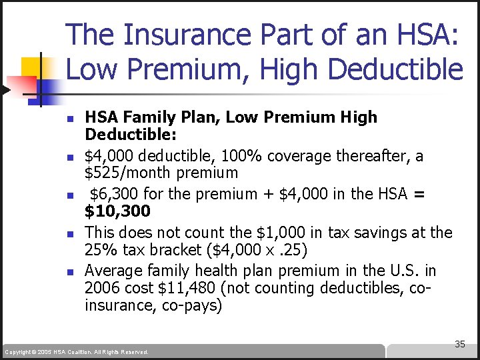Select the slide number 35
tap(459, 344)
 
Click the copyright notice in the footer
tap(76, 351)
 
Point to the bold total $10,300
tap(117, 211)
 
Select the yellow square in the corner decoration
tap(32, 67)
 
